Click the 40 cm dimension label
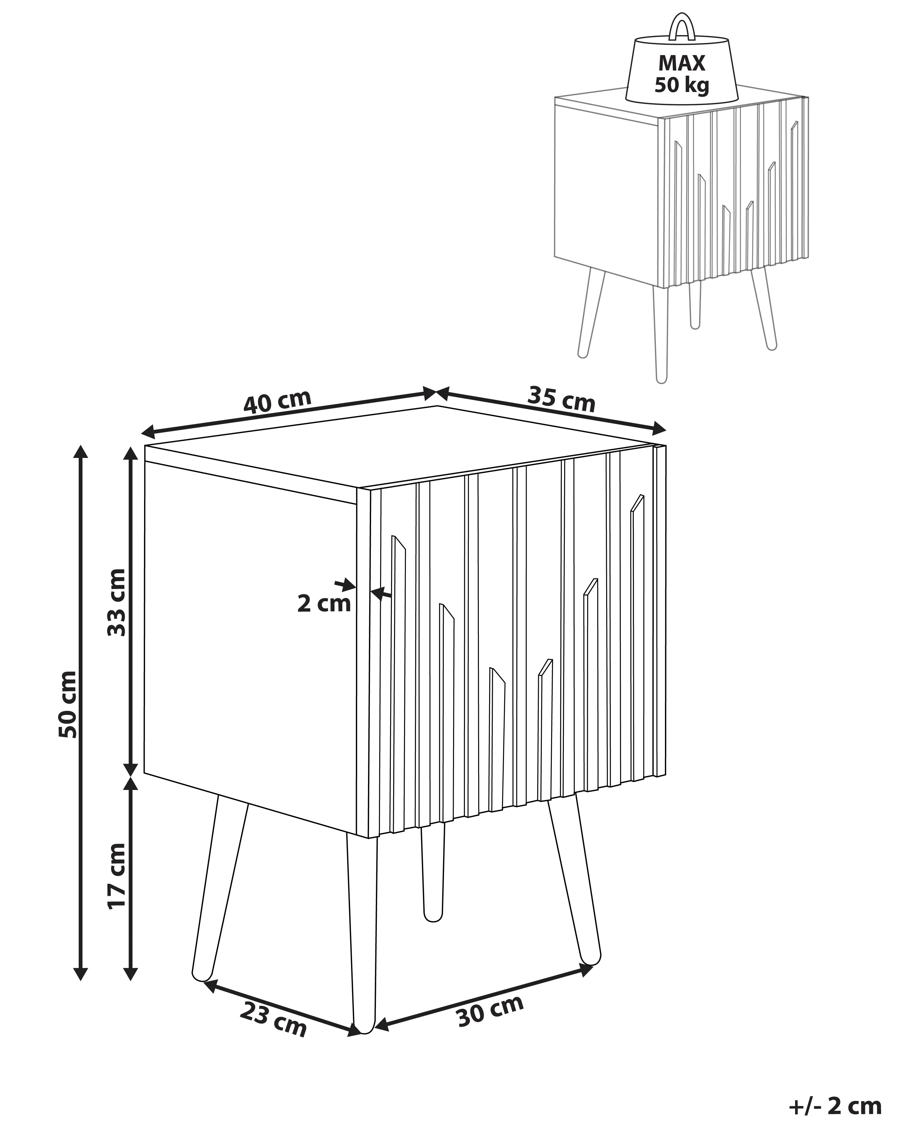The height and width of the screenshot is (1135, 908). pyautogui.click(x=278, y=402)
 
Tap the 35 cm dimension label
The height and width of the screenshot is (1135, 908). pyautogui.click(x=561, y=399)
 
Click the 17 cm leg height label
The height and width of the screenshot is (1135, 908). pyautogui.click(x=117, y=876)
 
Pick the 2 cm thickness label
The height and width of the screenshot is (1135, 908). pyautogui.click(x=324, y=603)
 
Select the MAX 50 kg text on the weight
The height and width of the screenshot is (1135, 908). pyautogui.click(x=682, y=74)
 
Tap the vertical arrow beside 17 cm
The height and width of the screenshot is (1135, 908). pyautogui.click(x=130, y=877)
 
